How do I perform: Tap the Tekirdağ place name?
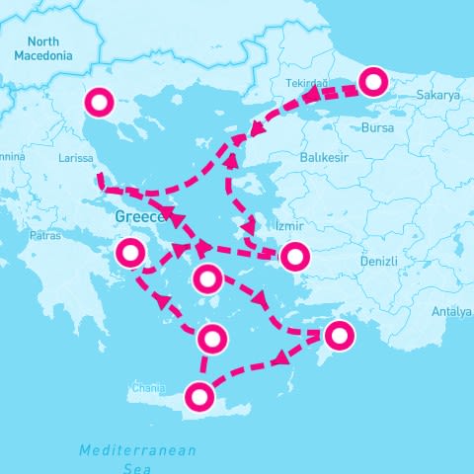tap(306, 84)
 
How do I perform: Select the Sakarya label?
tap(439, 96)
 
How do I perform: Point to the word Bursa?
tap(377, 128)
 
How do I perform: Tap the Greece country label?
tap(139, 215)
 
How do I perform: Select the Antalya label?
tap(452, 312)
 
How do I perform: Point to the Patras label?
tap(44, 236)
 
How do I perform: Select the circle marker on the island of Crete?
tap(200, 397)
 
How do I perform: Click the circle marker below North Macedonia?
tap(100, 102)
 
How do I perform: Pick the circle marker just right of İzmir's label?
tap(294, 257)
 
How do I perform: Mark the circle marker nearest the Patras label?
tap(129, 253)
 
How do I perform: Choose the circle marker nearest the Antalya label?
tap(339, 336)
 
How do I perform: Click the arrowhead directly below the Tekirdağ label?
tap(308, 98)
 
